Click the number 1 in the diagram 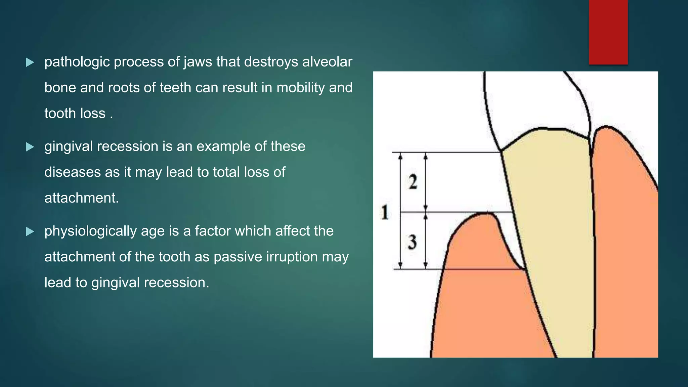click(x=385, y=212)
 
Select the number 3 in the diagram click(x=412, y=242)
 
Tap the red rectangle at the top click(x=608, y=32)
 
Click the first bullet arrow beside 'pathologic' click(x=30, y=62)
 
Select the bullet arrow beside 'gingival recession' click(x=30, y=147)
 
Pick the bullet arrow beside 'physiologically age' click(x=30, y=231)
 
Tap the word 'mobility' click(x=301, y=88)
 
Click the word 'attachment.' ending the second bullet click(x=82, y=198)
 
